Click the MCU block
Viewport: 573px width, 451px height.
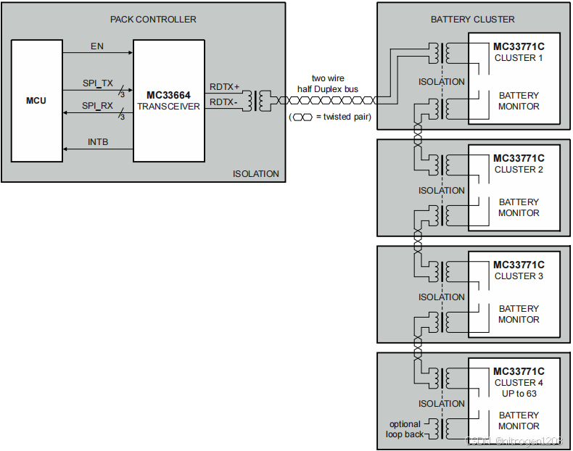36,100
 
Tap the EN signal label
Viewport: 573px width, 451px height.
97,46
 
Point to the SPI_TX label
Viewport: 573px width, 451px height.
98,83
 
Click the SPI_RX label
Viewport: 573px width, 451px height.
98,106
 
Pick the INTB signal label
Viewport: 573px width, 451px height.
98,142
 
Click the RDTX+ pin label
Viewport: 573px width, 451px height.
224,87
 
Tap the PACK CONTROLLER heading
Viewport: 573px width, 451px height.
153,19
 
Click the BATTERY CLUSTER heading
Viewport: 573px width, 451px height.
472,19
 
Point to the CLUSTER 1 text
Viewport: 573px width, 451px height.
519,58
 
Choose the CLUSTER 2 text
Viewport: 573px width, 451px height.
519,170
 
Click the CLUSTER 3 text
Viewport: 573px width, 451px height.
519,276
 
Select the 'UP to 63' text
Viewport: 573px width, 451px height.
519,393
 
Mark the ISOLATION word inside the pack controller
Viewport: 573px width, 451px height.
255,174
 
